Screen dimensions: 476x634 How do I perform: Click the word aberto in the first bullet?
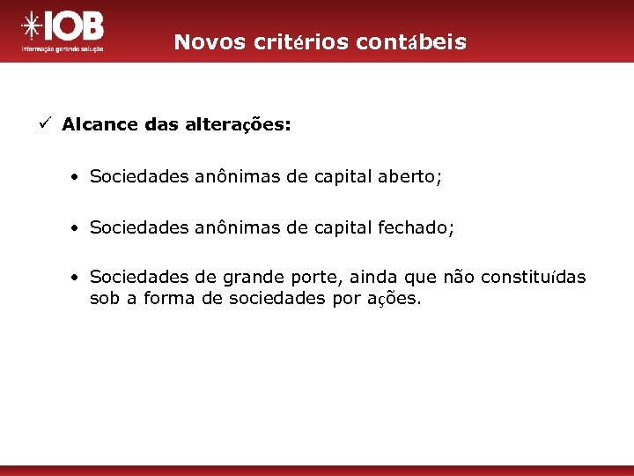(409, 177)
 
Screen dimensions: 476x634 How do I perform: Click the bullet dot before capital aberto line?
(77, 178)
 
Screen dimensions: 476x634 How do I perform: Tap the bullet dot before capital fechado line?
(77, 229)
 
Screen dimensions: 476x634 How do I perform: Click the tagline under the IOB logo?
(63, 50)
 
